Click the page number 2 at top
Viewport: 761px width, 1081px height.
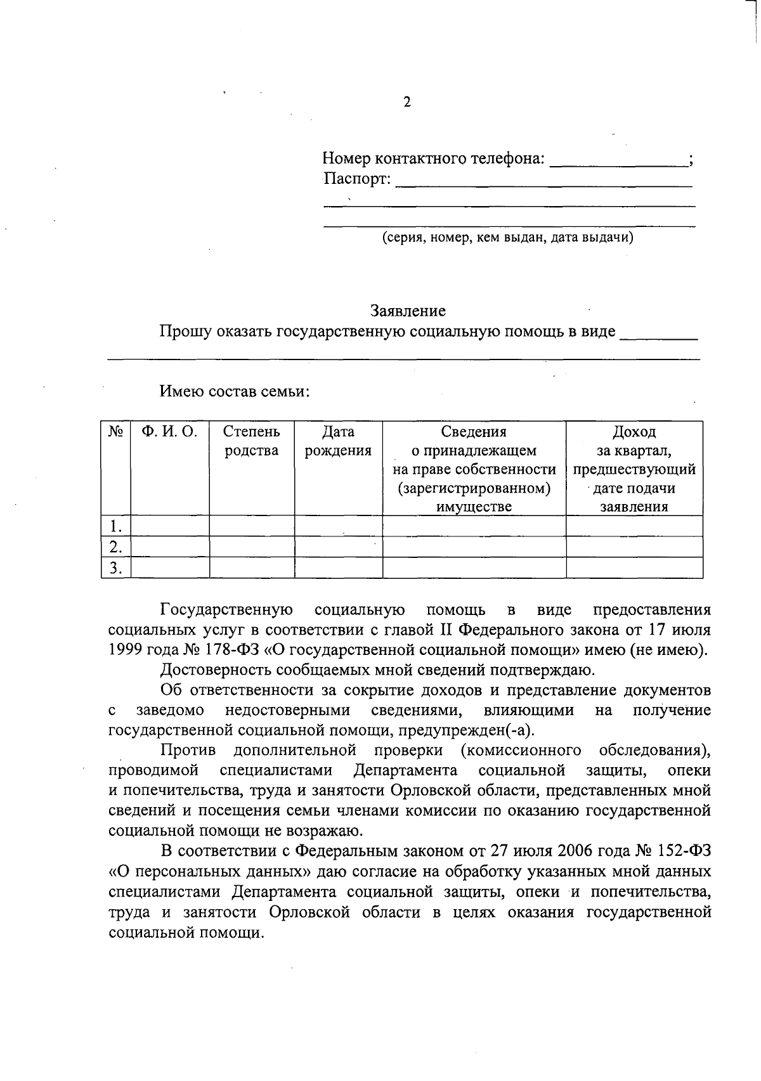pos(407,102)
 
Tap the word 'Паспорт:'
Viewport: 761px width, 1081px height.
pos(357,179)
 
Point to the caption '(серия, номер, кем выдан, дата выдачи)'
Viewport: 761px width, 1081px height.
pos(507,238)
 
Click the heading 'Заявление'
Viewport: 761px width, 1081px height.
pos(408,311)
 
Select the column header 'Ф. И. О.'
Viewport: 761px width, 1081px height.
pos(169,432)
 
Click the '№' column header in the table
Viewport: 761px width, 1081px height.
pos(115,432)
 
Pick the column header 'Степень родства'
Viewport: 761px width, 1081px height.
pos(252,441)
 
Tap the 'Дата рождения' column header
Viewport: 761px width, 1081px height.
pos(338,441)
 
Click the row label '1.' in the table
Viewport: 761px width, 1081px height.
pos(115,526)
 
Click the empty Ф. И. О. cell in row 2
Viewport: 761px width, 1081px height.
pos(169,547)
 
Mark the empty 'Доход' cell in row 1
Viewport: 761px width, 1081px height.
pos(634,526)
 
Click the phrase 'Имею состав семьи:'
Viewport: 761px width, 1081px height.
pos(234,391)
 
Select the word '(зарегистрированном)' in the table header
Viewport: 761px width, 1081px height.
pos(474,488)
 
